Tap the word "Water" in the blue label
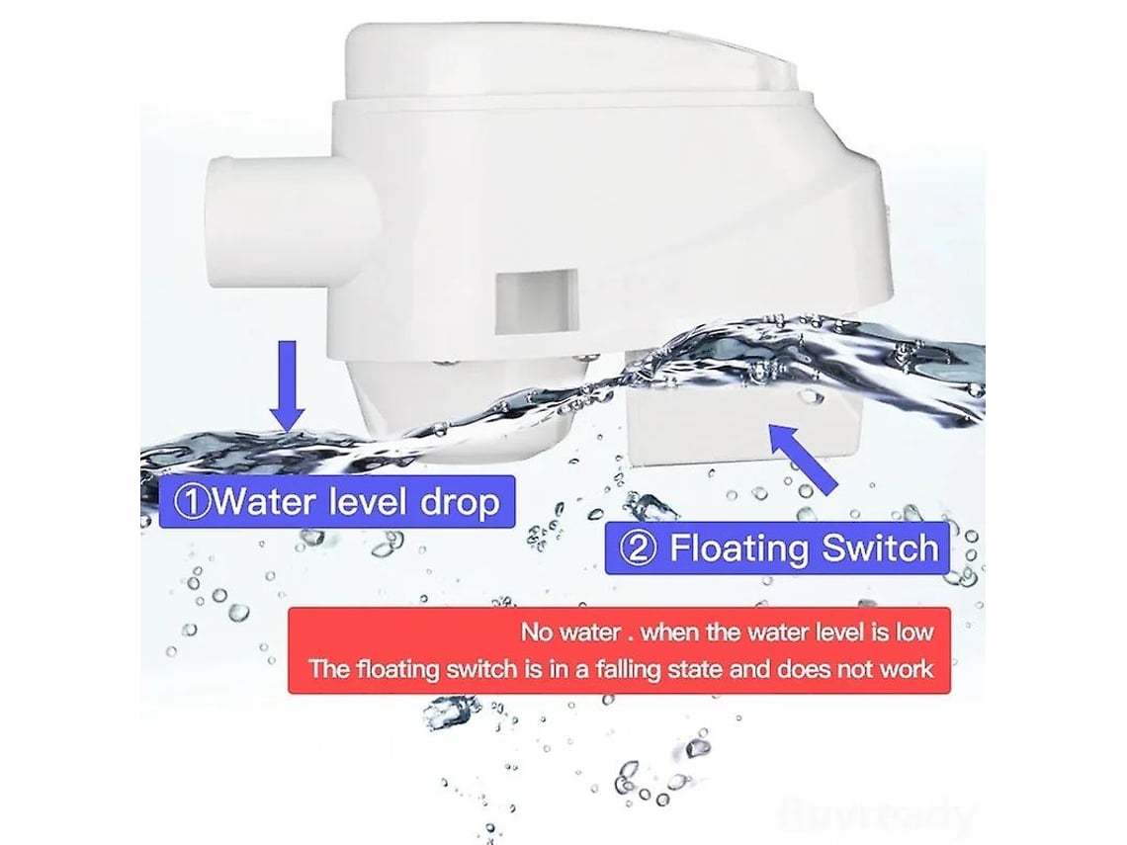pos(266,501)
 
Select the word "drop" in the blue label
pos(460,501)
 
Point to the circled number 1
pos(193,501)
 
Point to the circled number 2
pos(639,549)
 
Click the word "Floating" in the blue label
pos(740,549)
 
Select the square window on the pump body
pos(536,301)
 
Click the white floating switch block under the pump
pos(743,424)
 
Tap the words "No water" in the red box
pos(570,633)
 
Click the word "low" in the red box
pos(914,633)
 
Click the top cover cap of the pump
pos(571,63)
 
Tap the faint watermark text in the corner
pos(877,814)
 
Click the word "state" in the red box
pos(694,670)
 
